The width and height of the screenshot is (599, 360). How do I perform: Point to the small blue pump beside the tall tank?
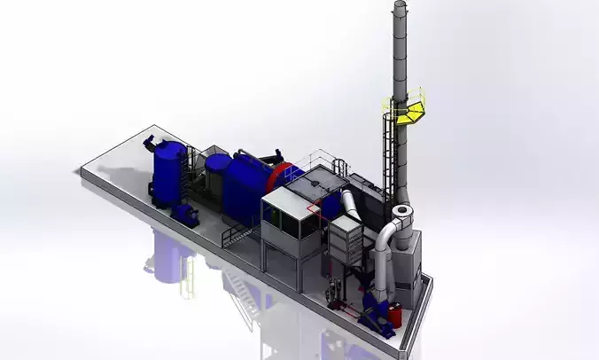[x=186, y=214]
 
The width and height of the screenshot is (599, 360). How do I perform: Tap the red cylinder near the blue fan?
[x=397, y=314]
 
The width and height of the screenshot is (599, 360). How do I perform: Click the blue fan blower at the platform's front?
[x=377, y=310]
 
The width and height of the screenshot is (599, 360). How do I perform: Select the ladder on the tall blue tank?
[x=183, y=173]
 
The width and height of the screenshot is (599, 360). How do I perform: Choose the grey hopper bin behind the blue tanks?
[x=215, y=173]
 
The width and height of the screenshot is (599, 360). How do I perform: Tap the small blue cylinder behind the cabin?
[x=330, y=206]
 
